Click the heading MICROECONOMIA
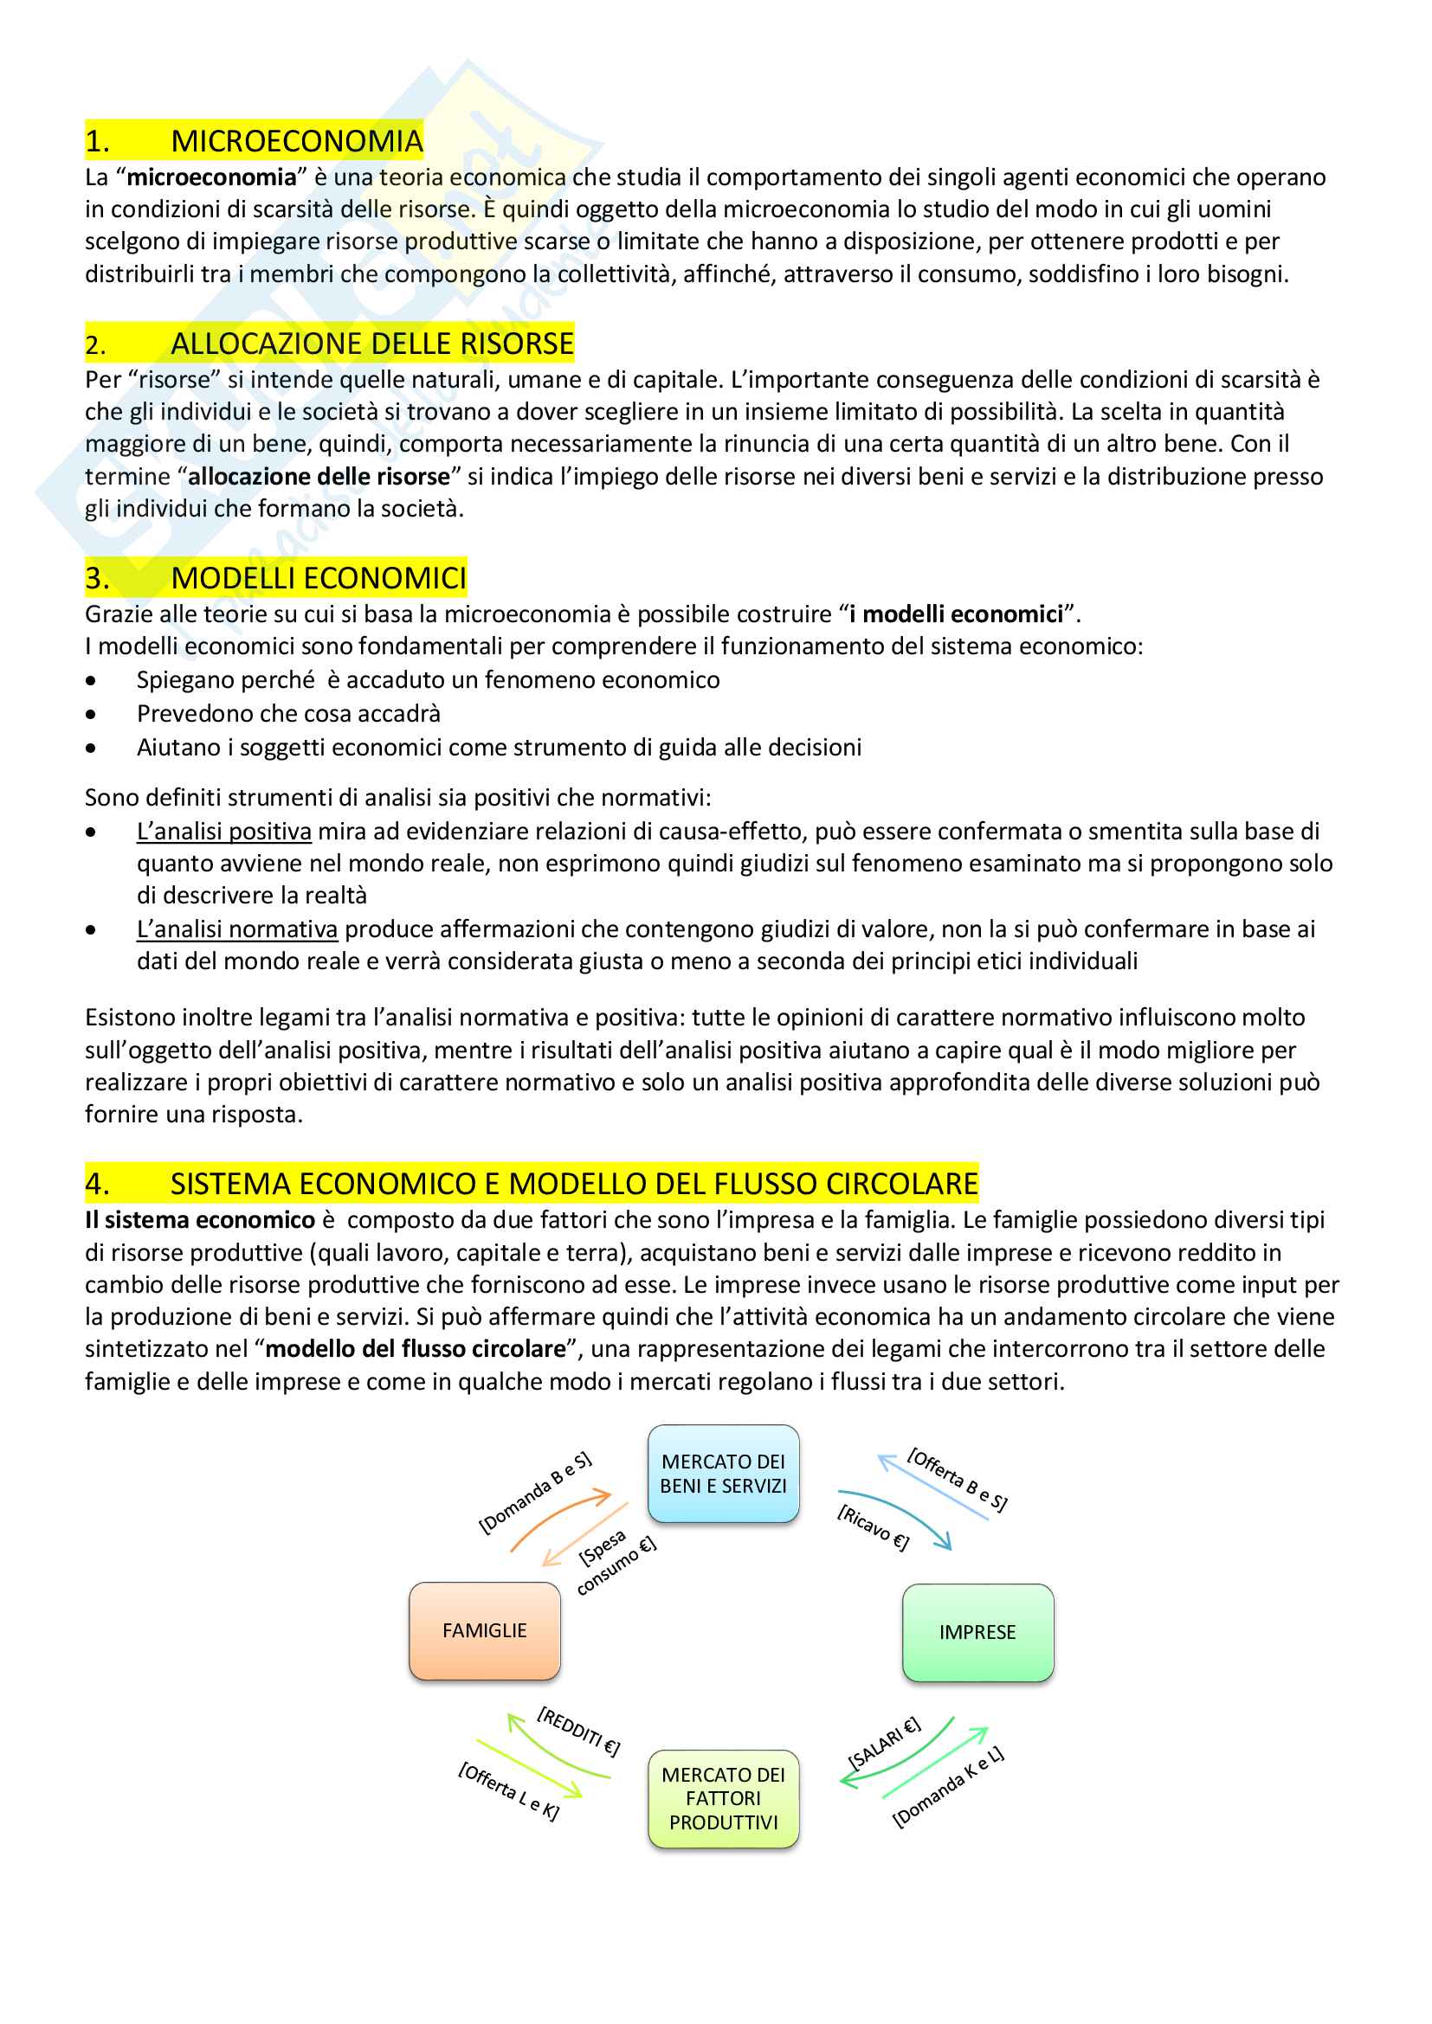pyautogui.click(x=296, y=141)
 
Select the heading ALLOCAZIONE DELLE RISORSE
pyautogui.click(x=371, y=344)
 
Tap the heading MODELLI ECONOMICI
pyautogui.click(x=318, y=578)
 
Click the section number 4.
pyautogui.click(x=97, y=1184)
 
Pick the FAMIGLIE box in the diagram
pyautogui.click(x=484, y=1631)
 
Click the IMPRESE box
pyautogui.click(x=977, y=1633)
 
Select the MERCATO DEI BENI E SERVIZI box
pyautogui.click(x=723, y=1474)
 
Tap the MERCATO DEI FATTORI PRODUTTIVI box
pyautogui.click(x=723, y=1798)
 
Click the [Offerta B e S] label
pyautogui.click(x=958, y=1479)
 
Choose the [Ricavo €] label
pyautogui.click(x=873, y=1527)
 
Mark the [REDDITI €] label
pyautogui.click(x=578, y=1732)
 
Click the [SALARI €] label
pyautogui.click(x=884, y=1742)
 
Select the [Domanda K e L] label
pyautogui.click(x=948, y=1787)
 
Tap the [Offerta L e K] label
pyautogui.click(x=509, y=1790)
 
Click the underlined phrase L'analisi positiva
pyautogui.click(x=224, y=832)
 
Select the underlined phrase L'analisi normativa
pyautogui.click(x=237, y=929)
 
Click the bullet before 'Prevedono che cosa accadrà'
pyautogui.click(x=91, y=714)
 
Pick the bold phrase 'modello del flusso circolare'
pyautogui.click(x=416, y=1349)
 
